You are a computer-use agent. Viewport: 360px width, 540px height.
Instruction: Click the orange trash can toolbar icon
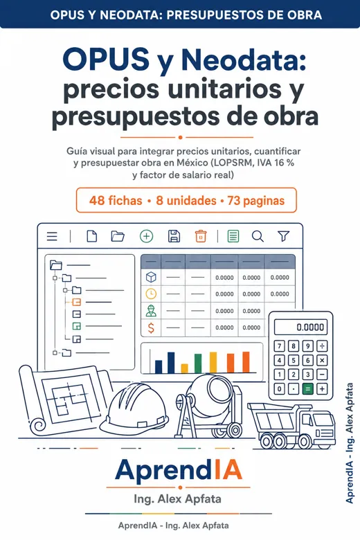tap(201, 236)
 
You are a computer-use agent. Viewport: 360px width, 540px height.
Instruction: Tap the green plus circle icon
tap(146, 236)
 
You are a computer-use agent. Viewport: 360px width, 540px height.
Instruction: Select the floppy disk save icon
tap(174, 236)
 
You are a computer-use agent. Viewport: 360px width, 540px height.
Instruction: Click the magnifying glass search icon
tap(258, 236)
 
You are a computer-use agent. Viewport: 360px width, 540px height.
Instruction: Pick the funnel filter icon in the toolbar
tap(284, 236)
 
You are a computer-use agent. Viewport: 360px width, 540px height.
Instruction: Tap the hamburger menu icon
tap(52, 236)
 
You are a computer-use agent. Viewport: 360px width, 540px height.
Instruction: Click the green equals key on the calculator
tap(307, 389)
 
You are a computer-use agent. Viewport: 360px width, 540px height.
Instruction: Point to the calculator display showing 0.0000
tap(300, 327)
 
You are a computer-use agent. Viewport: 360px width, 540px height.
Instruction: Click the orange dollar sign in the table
tap(151, 327)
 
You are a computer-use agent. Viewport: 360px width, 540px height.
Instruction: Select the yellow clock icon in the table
tap(151, 294)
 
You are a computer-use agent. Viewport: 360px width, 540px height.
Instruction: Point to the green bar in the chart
tap(198, 363)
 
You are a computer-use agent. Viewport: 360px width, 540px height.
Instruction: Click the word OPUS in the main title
tap(106, 60)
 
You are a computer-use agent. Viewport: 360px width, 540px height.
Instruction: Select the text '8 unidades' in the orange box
tap(186, 201)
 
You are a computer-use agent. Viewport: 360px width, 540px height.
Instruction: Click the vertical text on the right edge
tap(350, 443)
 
